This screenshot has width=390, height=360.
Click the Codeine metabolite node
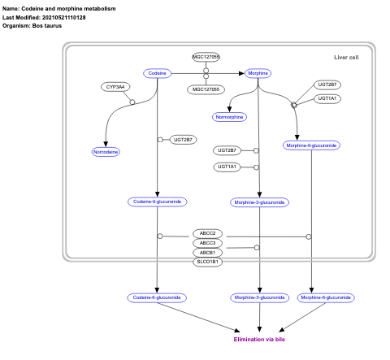158,73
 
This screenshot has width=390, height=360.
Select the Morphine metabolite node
258,73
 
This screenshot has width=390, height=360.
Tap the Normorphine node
228,117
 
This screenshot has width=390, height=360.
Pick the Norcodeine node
106,151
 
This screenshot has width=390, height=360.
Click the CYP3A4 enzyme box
115,86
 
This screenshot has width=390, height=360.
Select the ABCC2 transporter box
206,233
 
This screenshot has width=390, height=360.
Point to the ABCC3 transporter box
206,243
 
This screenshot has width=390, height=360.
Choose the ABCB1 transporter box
206,253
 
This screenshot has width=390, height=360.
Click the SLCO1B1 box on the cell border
206,262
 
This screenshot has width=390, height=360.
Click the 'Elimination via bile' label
259,338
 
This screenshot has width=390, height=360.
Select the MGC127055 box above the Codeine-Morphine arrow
206,57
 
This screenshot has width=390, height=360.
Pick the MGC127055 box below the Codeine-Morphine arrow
206,89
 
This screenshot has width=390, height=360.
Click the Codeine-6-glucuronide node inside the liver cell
157,201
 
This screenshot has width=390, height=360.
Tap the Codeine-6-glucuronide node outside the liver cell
157,297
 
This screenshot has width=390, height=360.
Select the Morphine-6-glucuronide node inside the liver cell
311,145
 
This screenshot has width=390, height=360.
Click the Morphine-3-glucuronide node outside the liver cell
259,297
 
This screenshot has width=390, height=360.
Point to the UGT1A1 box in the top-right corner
328,98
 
